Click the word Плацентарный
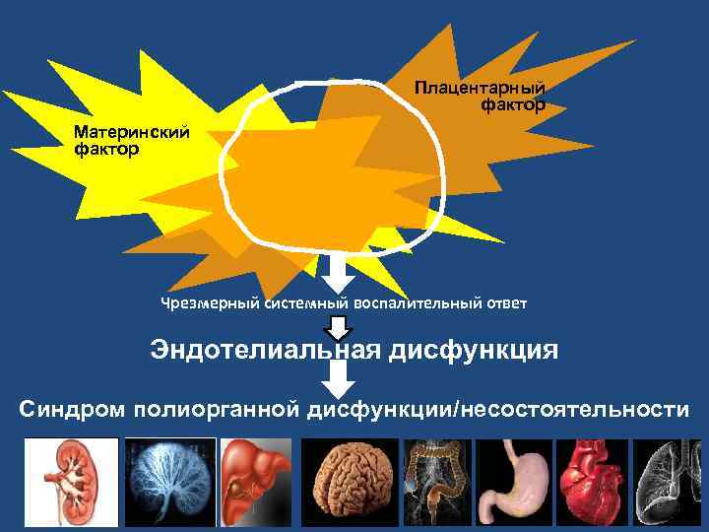[479, 89]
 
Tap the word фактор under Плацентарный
[513, 104]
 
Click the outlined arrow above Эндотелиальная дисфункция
[339, 326]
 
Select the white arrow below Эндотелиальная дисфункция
[339, 378]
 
